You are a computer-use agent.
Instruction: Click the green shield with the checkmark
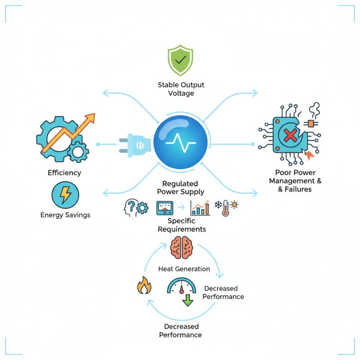180,61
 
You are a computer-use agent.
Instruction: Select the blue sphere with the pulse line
181,142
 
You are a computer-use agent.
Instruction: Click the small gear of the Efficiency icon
77,152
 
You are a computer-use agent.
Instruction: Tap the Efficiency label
64,173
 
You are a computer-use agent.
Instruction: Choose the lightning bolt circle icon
65,195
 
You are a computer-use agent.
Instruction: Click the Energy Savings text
65,215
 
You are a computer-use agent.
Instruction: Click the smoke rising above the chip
314,109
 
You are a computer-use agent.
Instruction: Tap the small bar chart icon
200,208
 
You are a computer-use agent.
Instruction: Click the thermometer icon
225,209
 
